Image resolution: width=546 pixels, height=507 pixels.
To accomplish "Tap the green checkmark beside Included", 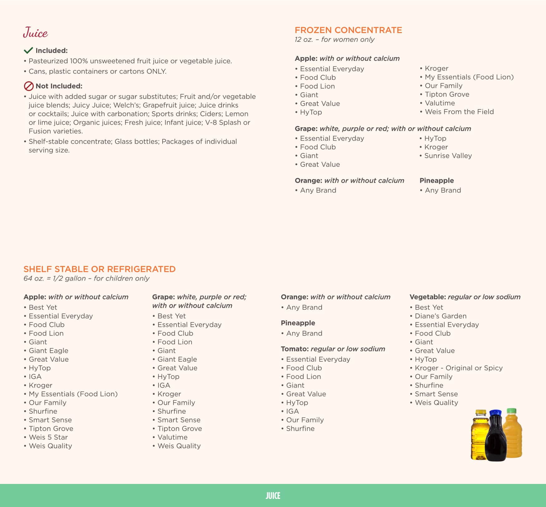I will [28, 51].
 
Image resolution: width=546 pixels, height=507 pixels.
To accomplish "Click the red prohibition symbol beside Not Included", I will [29, 86].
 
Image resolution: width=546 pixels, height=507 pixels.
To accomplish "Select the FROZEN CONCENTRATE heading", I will [348, 30].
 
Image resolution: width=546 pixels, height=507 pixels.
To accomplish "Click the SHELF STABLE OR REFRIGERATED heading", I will [100, 269].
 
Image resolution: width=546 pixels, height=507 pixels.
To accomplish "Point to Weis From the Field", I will [459, 112].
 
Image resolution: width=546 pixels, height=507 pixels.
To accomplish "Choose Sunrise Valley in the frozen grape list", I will [448, 156].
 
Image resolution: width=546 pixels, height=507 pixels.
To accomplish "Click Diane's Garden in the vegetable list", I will [440, 316].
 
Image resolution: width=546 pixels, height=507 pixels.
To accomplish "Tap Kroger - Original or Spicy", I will [458, 368].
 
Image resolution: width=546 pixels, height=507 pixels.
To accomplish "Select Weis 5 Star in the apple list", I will [48, 437].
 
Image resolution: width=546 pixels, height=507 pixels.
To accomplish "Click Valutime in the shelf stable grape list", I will [172, 437].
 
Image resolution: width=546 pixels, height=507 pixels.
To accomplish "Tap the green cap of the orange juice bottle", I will [512, 411].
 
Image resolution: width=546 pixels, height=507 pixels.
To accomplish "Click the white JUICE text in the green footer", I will [273, 496].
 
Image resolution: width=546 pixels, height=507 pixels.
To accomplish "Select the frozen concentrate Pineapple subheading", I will [436, 181].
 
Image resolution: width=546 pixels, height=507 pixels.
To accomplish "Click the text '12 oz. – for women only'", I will [334, 40].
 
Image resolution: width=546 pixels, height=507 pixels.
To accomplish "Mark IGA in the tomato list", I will [292, 411].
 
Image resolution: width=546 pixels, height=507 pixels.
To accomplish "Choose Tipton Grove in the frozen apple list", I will [447, 94].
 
